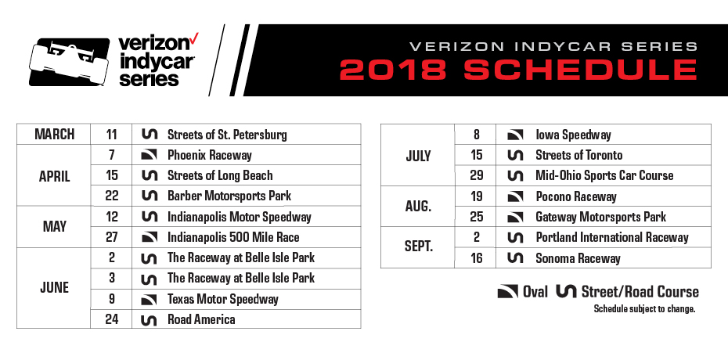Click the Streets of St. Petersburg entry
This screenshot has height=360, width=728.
point(227,135)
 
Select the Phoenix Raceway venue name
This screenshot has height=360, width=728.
point(209,155)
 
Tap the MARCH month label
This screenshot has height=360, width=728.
point(55,135)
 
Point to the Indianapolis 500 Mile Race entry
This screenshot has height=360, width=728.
point(233,237)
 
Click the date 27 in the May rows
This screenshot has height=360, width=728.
point(111,237)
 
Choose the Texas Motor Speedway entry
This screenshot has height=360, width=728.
point(222,299)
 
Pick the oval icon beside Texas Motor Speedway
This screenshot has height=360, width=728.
point(148,299)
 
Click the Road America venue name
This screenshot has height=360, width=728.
point(201,319)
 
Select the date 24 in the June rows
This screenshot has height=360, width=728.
point(111,319)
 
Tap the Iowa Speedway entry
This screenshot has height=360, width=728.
point(573,135)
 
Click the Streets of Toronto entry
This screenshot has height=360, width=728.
point(578,155)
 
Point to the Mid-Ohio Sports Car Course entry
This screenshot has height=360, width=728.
point(604,175)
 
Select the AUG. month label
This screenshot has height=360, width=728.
point(419,206)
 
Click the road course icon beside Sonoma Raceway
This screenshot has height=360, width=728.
point(516,258)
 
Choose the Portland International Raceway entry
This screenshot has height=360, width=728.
point(612,237)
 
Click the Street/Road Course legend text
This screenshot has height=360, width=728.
point(640,292)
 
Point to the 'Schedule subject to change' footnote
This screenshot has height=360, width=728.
point(645,309)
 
